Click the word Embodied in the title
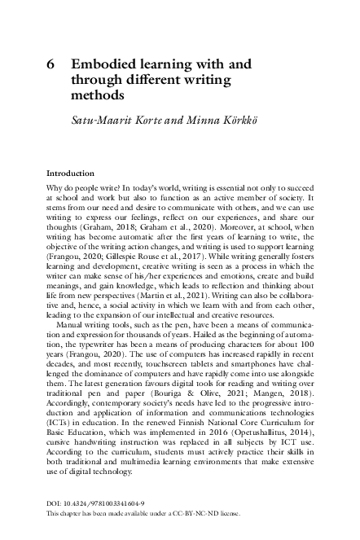pyautogui.click(x=103, y=64)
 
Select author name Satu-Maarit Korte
pyautogui.click(x=112, y=121)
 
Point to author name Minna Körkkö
pyautogui.click(x=204, y=121)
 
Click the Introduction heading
pyautogui.click(x=70, y=173)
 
